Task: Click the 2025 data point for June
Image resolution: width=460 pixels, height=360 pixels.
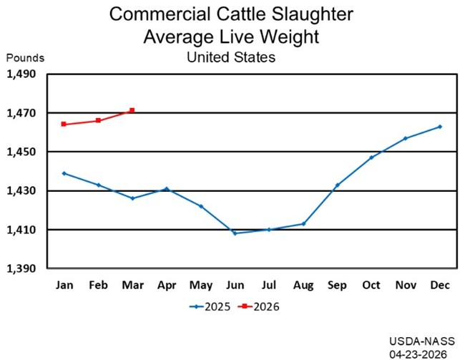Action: [x=235, y=233]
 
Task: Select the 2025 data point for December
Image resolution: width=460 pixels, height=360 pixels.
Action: [x=440, y=127]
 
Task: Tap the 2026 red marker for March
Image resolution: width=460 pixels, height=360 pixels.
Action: [x=132, y=110]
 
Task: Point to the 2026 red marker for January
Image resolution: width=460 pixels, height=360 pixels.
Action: [x=64, y=124]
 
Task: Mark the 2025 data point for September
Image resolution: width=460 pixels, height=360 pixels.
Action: [x=337, y=185]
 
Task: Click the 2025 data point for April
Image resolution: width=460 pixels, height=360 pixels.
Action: [x=166, y=189]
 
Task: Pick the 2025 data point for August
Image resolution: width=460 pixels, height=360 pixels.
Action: [x=303, y=224]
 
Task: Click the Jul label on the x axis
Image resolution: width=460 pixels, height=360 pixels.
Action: [x=269, y=286]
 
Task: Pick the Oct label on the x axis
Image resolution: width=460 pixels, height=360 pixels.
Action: [x=371, y=286]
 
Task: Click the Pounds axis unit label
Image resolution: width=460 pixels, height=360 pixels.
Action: [x=26, y=57]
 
